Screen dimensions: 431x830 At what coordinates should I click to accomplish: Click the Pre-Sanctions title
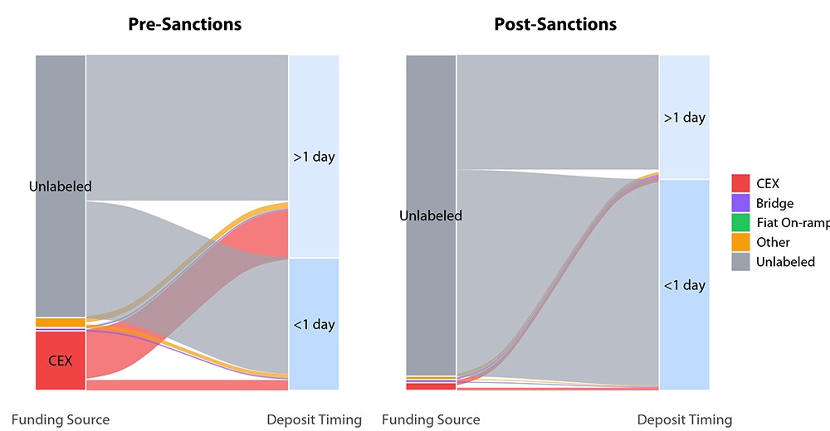[184, 24]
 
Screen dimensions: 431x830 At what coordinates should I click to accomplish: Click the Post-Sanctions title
[555, 24]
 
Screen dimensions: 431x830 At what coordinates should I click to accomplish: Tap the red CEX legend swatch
[741, 183]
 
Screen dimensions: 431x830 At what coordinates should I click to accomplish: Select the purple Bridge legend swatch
[741, 203]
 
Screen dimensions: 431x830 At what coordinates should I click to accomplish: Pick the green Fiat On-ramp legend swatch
[741, 222]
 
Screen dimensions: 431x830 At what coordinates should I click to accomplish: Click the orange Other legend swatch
[741, 242]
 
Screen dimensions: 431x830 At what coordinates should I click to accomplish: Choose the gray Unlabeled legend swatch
[741, 262]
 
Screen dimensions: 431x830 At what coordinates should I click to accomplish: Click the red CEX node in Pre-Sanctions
[61, 361]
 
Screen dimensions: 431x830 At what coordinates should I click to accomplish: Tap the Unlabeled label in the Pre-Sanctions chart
[61, 186]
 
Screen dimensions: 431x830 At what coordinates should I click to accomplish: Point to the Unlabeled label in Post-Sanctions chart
[431, 215]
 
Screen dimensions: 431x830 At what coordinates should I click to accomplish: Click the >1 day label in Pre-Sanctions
[314, 157]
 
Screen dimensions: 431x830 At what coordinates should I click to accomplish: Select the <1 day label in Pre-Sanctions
[314, 324]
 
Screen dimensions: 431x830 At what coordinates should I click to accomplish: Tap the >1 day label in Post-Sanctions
[685, 118]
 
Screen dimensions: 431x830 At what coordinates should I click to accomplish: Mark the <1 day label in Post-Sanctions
[685, 285]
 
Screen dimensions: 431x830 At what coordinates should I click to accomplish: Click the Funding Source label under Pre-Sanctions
[61, 419]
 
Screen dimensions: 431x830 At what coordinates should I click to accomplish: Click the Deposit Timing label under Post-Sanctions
[685, 419]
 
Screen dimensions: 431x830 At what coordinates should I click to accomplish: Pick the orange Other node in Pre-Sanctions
[61, 322]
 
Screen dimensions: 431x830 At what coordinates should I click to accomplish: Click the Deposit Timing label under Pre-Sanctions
[314, 419]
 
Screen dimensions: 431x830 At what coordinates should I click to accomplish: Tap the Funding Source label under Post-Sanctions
[431, 419]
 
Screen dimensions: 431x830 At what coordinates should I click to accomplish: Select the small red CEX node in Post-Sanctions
[431, 385]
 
